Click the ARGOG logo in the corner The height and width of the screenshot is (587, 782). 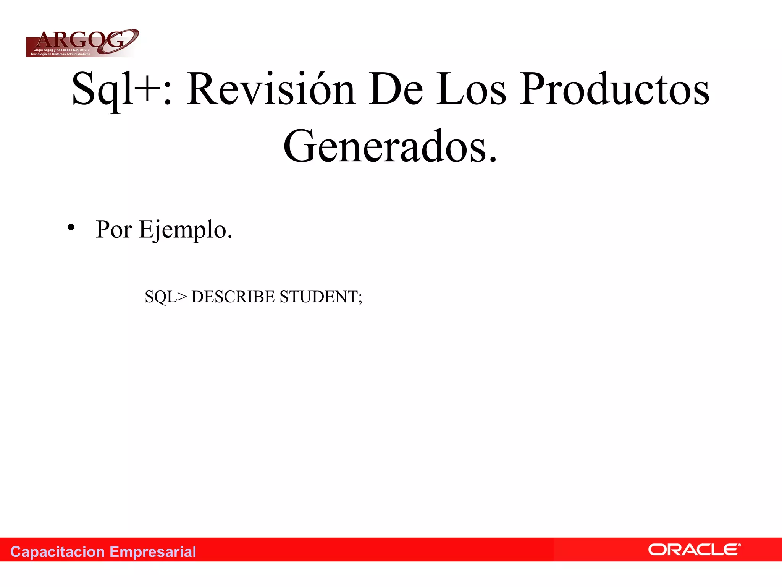pyautogui.click(x=82, y=43)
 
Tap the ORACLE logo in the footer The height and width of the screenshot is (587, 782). pyautogui.click(x=694, y=550)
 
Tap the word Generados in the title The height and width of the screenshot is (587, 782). pyautogui.click(x=386, y=147)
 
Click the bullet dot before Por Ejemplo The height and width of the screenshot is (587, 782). pyautogui.click(x=71, y=228)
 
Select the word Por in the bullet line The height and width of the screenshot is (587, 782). pyautogui.click(x=113, y=229)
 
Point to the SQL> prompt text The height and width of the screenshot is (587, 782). pyautogui.click(x=166, y=297)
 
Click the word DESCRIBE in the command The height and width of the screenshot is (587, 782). pyautogui.click(x=233, y=297)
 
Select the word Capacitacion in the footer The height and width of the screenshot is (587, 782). pyautogui.click(x=57, y=552)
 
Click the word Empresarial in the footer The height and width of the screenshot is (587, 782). pyautogui.click(x=153, y=552)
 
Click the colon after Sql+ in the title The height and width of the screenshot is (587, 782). pyautogui.click(x=167, y=94)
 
